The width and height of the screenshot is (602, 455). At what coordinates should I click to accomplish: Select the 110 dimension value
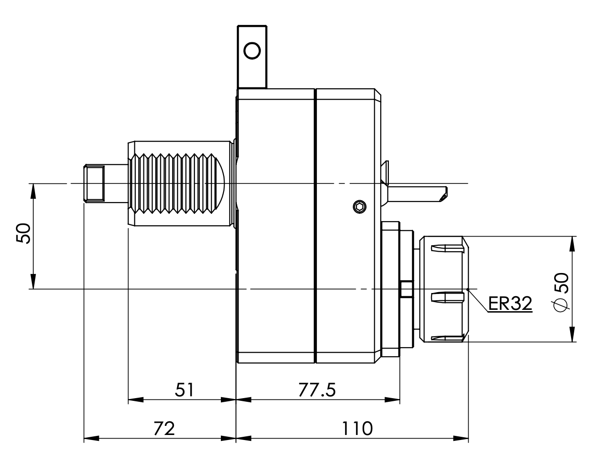pyautogui.click(x=357, y=428)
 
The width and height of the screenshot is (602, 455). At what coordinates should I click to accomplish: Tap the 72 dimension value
pyautogui.click(x=164, y=428)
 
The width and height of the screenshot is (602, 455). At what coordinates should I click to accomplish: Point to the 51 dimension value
pyautogui.click(x=184, y=390)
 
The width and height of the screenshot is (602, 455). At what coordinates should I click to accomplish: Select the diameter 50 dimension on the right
pyautogui.click(x=561, y=292)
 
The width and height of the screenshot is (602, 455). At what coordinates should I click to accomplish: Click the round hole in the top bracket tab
pyautogui.click(x=252, y=50)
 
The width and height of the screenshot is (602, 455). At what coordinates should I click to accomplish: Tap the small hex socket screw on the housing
pyautogui.click(x=359, y=207)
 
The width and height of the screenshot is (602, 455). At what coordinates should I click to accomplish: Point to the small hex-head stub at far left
pyautogui.click(x=94, y=184)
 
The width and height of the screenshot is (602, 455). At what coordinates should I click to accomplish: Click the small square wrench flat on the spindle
pyautogui.click(x=406, y=289)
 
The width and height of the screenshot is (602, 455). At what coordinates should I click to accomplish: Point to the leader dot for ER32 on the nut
pyautogui.click(x=469, y=289)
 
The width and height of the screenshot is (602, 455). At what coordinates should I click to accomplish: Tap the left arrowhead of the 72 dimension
pyautogui.click(x=91, y=439)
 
